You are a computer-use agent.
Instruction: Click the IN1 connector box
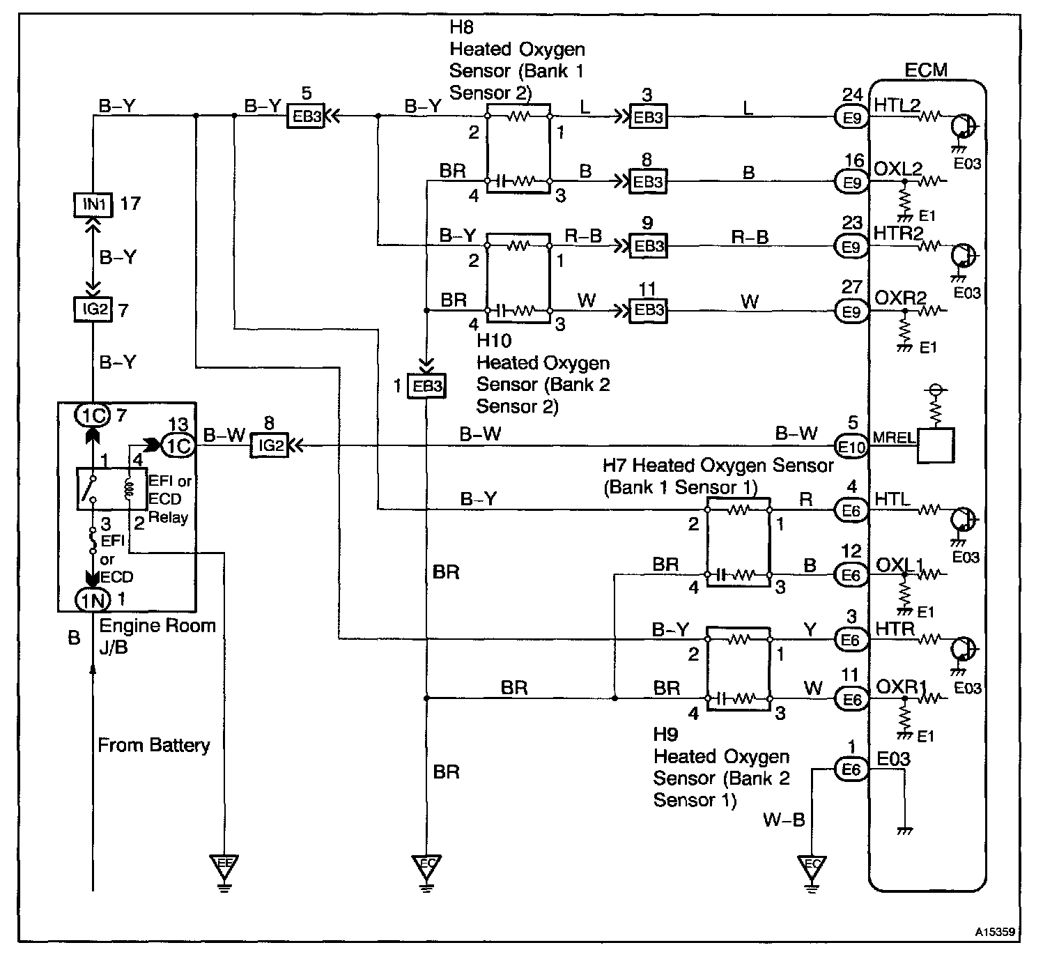point(93,204)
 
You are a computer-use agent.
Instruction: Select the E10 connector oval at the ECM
point(851,447)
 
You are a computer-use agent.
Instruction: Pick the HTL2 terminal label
point(897,105)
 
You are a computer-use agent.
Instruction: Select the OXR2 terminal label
point(900,298)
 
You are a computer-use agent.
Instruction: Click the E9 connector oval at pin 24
point(851,118)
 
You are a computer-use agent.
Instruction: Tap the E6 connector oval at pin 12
point(851,576)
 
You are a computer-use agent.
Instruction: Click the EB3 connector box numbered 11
point(648,310)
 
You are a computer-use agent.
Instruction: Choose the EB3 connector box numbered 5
point(307,117)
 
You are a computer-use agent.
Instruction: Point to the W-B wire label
point(784,820)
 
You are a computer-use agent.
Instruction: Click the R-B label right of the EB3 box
point(750,238)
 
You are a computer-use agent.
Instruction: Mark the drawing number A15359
point(994,931)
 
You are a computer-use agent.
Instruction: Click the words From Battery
point(153,745)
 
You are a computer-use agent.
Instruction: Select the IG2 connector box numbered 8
point(269,445)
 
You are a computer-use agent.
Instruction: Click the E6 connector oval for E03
point(851,769)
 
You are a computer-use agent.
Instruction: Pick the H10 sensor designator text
point(494,341)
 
